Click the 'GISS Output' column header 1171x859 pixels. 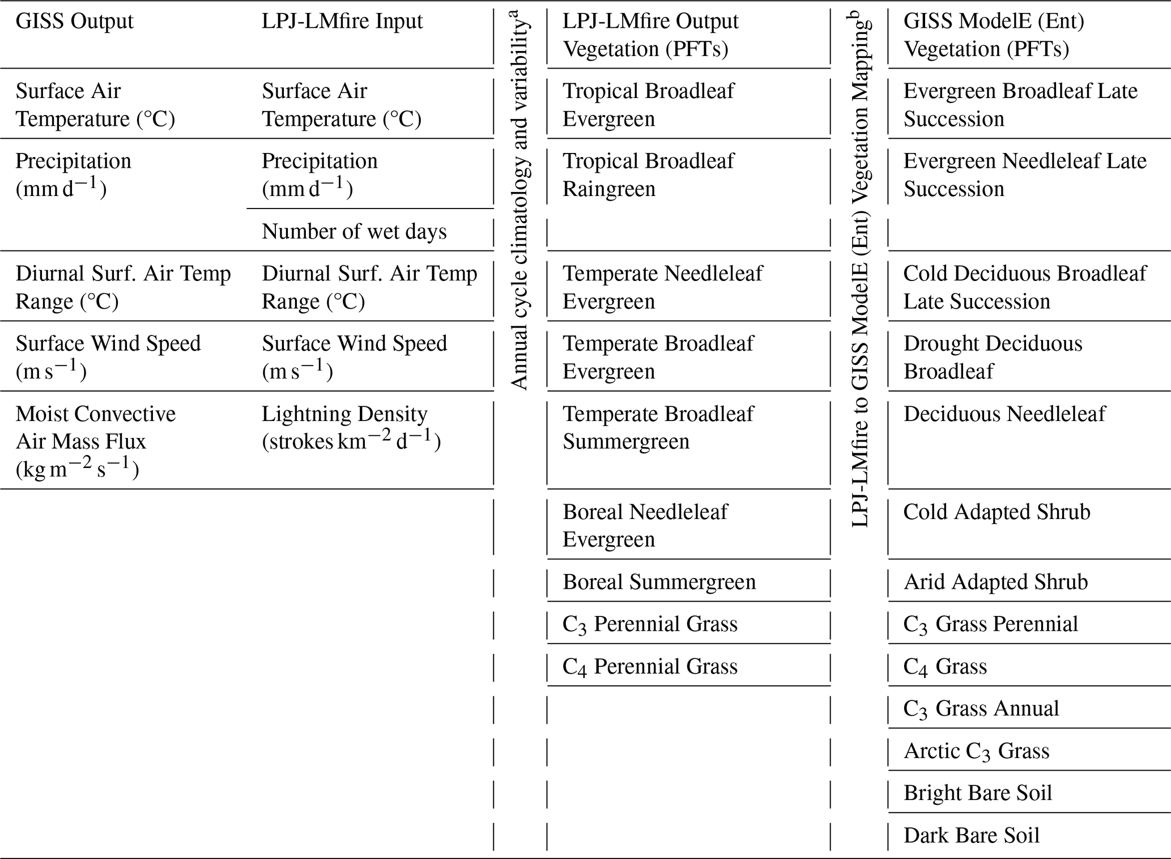74,22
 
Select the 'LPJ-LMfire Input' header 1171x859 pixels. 342,22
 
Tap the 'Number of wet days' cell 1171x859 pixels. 354,232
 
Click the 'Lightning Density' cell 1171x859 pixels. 351,428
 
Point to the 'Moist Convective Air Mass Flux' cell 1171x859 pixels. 96,441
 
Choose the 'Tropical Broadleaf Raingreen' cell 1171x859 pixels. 648,175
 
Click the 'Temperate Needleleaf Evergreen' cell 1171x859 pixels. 662,287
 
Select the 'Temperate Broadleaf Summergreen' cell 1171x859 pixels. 658,428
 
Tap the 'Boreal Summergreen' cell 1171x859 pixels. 659,582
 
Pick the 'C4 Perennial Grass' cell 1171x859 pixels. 650,666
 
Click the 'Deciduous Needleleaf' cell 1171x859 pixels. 1004,414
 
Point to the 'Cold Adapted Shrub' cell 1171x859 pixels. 997,512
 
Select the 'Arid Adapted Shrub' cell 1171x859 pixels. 995,582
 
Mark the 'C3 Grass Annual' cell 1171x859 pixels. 981,709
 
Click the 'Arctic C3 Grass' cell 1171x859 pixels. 976,751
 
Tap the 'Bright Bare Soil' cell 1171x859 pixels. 978,793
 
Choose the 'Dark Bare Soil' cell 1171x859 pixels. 972,835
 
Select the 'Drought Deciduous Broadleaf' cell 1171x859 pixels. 993,358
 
